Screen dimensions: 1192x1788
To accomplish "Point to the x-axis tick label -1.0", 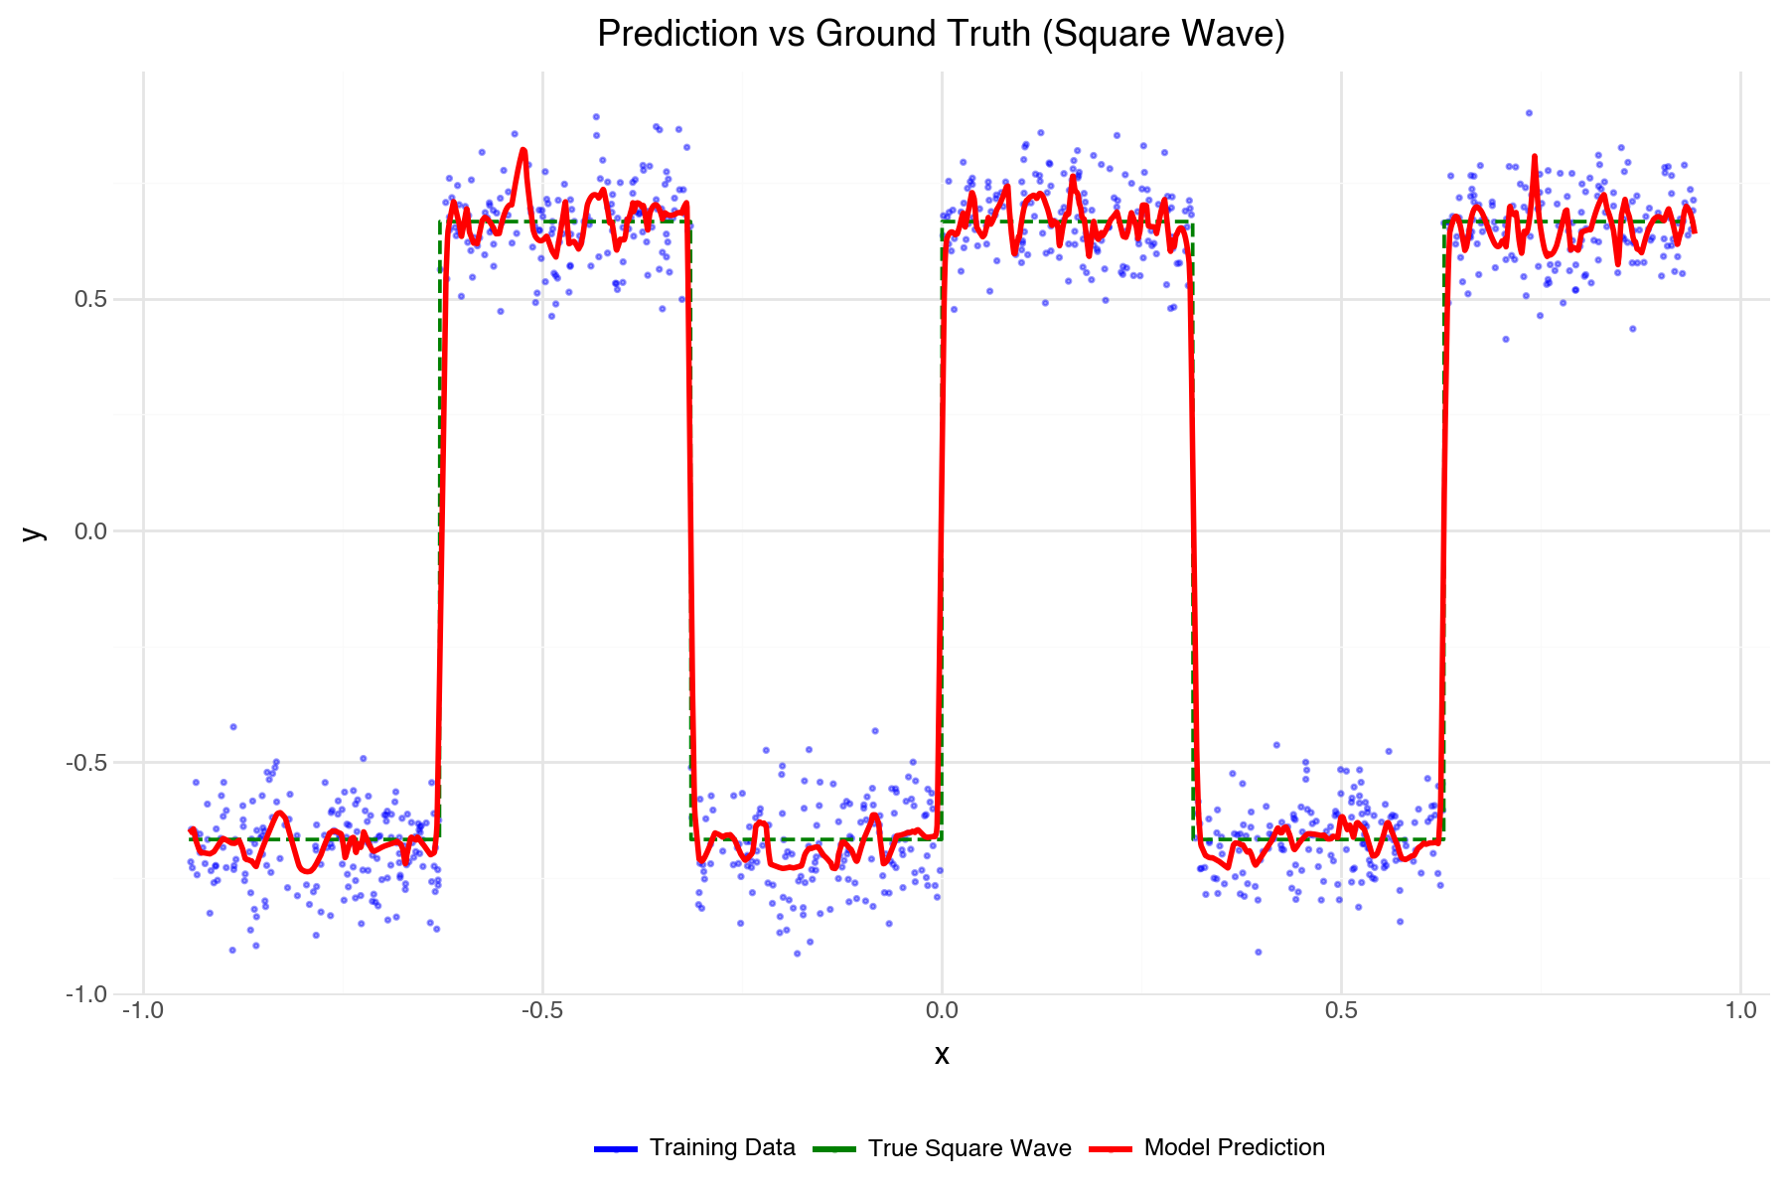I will pyautogui.click(x=143, y=1011).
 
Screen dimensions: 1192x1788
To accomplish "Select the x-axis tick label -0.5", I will pyautogui.click(x=542, y=1011).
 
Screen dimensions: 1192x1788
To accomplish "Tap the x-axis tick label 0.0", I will pyautogui.click(x=942, y=1011).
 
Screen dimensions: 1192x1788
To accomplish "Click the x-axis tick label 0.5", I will pyautogui.click(x=1341, y=1011).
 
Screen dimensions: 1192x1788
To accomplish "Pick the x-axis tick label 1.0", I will pyautogui.click(x=1740, y=1011).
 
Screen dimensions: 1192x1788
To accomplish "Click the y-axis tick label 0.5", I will pyautogui.click(x=90, y=300).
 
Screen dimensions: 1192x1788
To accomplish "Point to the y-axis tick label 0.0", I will pyautogui.click(x=90, y=531).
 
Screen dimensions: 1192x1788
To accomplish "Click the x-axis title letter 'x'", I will pyautogui.click(x=942, y=1055).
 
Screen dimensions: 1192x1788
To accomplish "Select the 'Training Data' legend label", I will pyautogui.click(x=722, y=1148).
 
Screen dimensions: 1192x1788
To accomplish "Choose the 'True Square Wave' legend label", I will pyautogui.click(x=969, y=1148).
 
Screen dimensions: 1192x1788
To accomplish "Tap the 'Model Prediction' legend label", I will pyautogui.click(x=1234, y=1148).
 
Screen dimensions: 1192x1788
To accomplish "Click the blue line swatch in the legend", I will pyautogui.click(x=615, y=1149).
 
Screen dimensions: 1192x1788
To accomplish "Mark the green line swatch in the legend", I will pyautogui.click(x=833, y=1149).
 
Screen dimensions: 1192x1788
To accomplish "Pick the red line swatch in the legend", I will pyautogui.click(x=1110, y=1149).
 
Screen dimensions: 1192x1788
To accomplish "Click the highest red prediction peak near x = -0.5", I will pyautogui.click(x=522, y=151).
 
